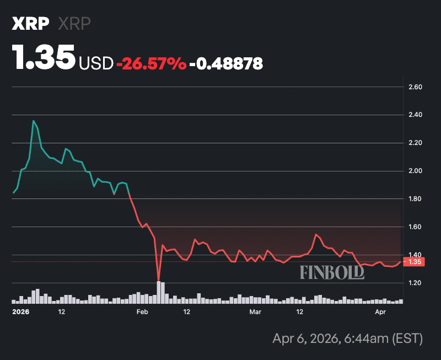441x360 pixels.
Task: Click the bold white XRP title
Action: click(31, 24)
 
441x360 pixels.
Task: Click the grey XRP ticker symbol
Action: click(74, 24)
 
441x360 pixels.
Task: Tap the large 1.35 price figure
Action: click(44, 58)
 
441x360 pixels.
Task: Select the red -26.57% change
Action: click(150, 64)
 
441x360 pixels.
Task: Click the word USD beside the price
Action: click(96, 64)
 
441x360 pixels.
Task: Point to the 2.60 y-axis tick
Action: click(415, 87)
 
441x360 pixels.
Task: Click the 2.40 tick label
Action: click(415, 115)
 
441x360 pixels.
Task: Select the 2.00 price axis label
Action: click(415, 171)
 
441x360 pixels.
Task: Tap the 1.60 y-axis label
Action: click(415, 227)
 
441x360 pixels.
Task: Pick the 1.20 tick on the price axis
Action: click(415, 283)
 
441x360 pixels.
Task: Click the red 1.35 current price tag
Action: click(413, 262)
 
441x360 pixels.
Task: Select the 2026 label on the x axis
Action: click(20, 312)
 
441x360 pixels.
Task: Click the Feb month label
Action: click(142, 312)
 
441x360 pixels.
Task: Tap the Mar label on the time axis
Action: click(255, 312)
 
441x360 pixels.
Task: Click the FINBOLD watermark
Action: click(332, 272)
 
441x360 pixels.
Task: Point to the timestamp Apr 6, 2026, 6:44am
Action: click(347, 338)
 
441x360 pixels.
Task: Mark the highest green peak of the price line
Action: click(34, 121)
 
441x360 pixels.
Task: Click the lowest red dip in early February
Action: click(159, 280)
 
